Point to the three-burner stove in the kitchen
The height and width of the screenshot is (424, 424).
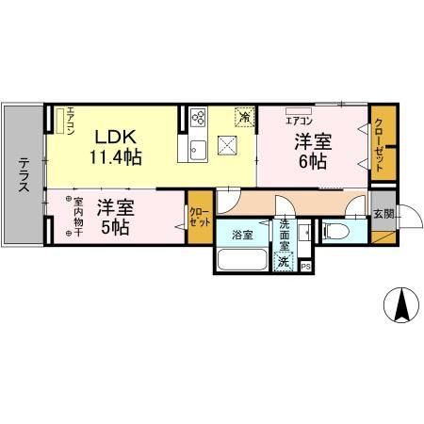(x=199, y=118)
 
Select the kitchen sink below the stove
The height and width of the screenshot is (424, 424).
(x=199, y=148)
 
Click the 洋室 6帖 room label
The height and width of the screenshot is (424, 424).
(x=312, y=151)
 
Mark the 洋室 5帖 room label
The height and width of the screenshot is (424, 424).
(x=114, y=216)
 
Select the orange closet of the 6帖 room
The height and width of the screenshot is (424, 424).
(x=381, y=141)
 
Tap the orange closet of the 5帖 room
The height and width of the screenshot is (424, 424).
(x=200, y=218)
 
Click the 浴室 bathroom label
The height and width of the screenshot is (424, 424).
(x=242, y=234)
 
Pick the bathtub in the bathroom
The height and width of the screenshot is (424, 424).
(x=241, y=259)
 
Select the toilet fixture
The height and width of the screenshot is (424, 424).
(x=336, y=230)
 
